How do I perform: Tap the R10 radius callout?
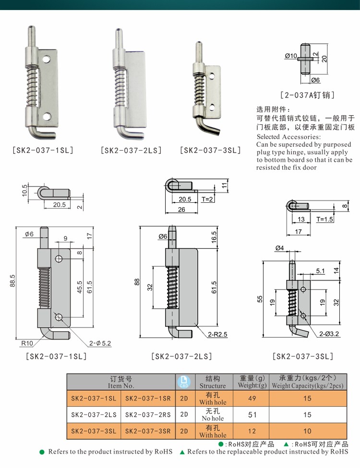click(x=26, y=343)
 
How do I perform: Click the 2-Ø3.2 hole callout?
click(x=328, y=333)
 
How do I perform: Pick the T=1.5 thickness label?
click(x=324, y=219)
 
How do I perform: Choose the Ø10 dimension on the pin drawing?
click(x=291, y=56)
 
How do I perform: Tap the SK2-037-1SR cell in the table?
click(x=148, y=398)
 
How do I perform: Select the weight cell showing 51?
click(x=251, y=415)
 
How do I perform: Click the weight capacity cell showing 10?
click(x=307, y=431)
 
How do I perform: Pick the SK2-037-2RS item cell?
click(x=148, y=415)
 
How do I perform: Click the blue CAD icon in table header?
click(x=183, y=382)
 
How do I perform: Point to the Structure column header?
click(x=212, y=382)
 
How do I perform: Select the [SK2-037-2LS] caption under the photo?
click(x=131, y=150)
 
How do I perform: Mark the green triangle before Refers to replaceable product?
click(x=182, y=452)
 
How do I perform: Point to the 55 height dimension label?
click(x=260, y=299)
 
